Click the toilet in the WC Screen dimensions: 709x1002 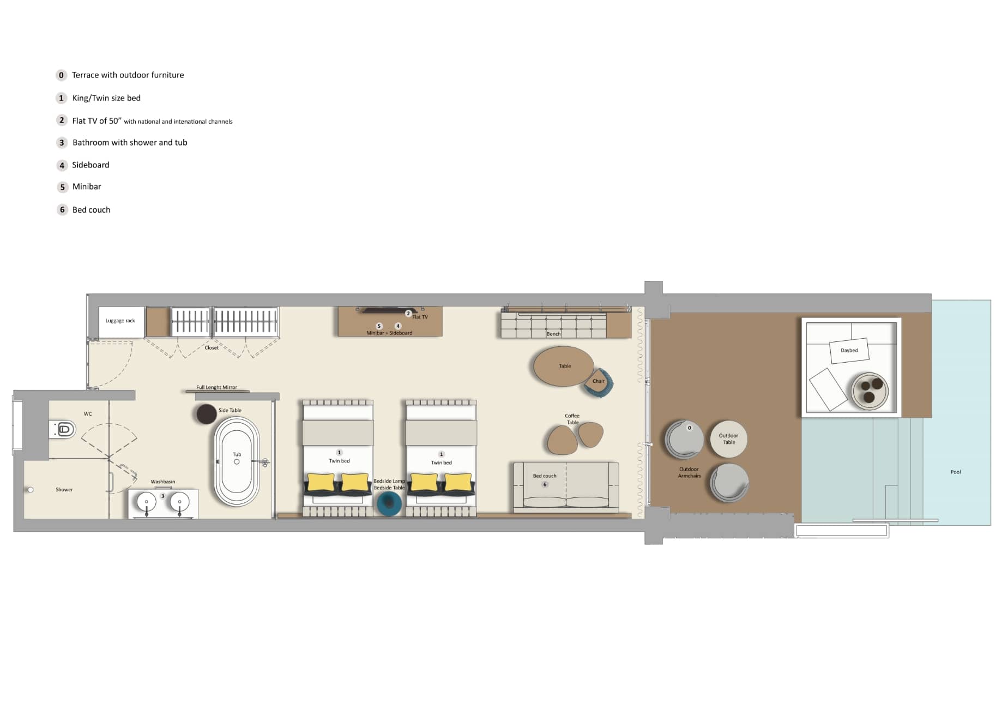(64, 429)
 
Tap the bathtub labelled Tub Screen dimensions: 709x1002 (237, 462)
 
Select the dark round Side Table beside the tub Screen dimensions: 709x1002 (207, 414)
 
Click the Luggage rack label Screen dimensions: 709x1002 (120, 321)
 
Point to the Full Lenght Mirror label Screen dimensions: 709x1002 (216, 387)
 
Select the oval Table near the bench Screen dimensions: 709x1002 (564, 366)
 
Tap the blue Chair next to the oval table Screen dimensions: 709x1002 (600, 382)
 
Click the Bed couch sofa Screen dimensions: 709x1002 (566, 486)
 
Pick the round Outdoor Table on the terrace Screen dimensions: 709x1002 (728, 438)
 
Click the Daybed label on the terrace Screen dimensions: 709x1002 (849, 350)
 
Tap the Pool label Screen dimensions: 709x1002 (955, 472)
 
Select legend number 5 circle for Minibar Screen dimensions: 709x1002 (62, 187)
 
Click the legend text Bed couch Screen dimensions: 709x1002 (91, 209)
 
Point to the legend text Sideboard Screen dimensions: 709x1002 (90, 165)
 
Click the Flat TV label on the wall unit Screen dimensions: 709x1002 (420, 317)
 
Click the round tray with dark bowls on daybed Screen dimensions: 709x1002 (870, 390)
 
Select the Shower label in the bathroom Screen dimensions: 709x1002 (64, 489)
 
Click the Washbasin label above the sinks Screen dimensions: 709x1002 (162, 482)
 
